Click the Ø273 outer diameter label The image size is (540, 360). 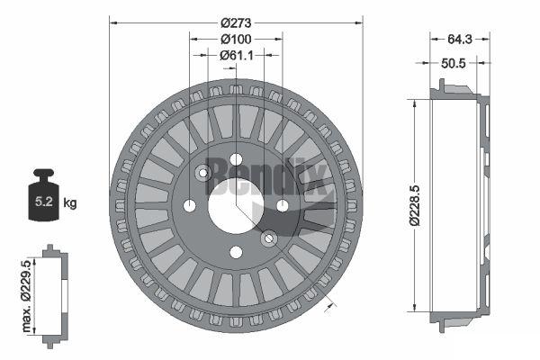236,23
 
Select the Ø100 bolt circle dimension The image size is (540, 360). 236,40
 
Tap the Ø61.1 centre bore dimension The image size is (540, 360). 237,55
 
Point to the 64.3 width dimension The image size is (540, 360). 460,40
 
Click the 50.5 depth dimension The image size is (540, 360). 454,63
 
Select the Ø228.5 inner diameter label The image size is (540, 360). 415,205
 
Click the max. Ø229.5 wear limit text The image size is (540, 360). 26,296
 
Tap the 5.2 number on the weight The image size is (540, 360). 44,202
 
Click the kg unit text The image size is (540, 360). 70,202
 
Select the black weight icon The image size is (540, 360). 44,194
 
